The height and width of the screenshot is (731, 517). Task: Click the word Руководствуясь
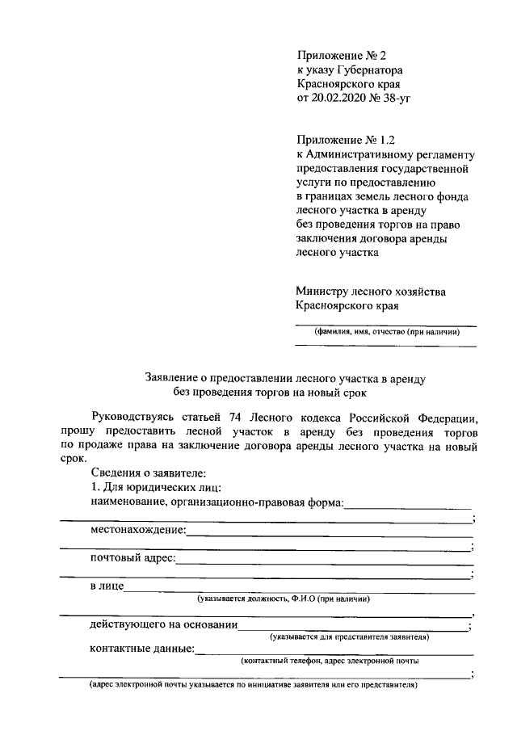139,418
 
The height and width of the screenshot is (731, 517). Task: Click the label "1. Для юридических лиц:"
152,488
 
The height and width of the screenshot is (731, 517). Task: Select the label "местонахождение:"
137,530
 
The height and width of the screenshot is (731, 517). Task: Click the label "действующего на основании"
163,625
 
